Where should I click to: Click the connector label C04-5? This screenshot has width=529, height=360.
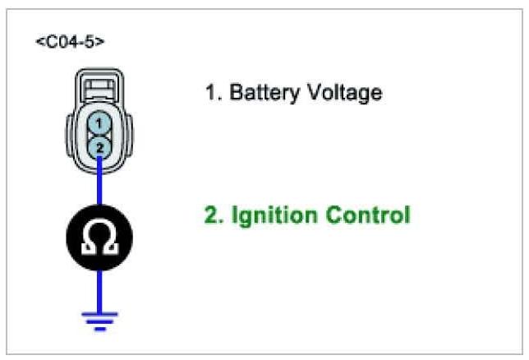pos(70,40)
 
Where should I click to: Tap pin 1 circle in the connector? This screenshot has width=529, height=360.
pos(99,123)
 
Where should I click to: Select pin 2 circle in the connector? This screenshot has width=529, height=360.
pos(99,146)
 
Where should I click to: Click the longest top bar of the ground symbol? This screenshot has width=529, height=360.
pos(99,313)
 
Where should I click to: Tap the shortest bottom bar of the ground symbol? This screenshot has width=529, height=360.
pos(99,328)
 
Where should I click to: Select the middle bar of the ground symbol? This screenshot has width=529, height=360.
pos(99,321)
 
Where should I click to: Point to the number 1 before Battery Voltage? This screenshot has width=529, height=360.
pos(209,92)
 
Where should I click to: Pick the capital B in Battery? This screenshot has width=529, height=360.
pos(237,92)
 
